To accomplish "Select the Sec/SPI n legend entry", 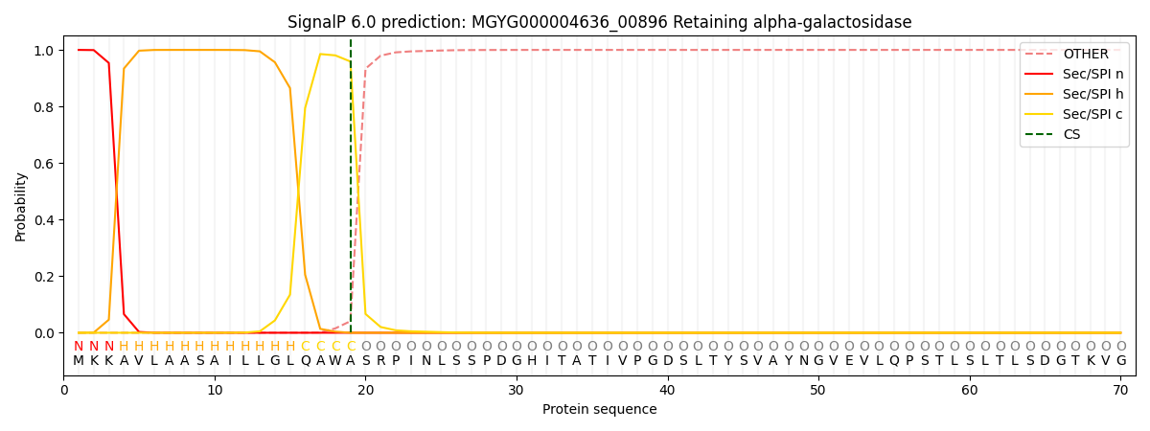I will pos(1092,75).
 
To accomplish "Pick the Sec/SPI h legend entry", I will pos(1092,95).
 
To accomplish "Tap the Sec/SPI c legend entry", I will pos(1092,114).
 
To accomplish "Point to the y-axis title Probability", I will pos(21,206).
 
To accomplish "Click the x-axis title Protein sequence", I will pos(599,409).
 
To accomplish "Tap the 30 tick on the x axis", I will pos(517,390).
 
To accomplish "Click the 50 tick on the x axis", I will pos(817,390).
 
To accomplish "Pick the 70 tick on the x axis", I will pos(1120,390).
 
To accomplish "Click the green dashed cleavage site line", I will pos(351,192).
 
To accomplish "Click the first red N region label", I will pos(79,346).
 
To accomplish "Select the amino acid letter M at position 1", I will pos(79,360).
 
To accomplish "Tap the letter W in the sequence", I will pos(335,360).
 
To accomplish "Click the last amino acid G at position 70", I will pos(1120,360).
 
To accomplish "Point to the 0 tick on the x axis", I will pos(64,390).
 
